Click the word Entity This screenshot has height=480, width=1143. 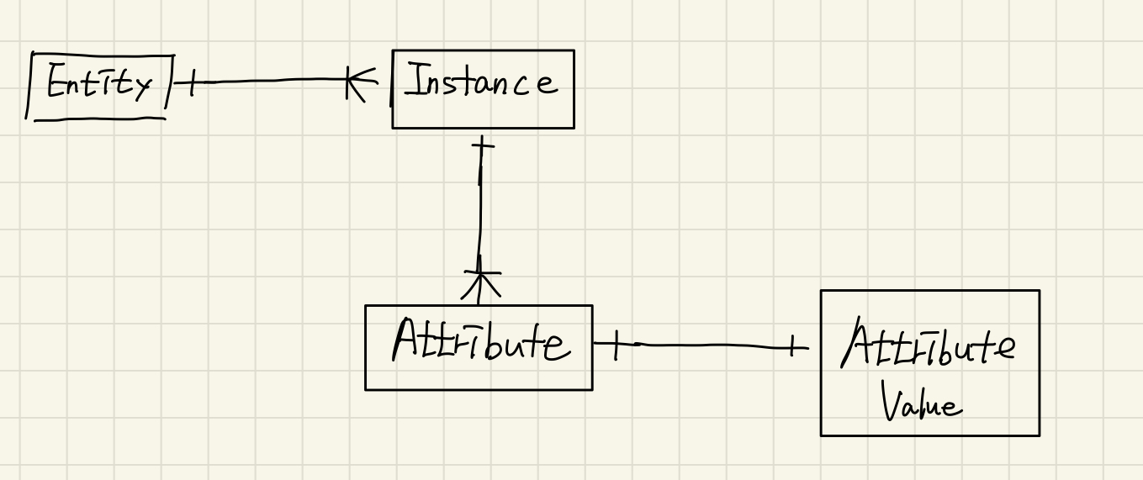(99, 84)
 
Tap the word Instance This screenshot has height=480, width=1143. (481, 83)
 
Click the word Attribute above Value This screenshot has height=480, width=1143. (929, 345)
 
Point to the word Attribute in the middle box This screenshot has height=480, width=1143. (479, 343)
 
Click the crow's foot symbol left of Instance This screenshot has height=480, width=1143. (357, 82)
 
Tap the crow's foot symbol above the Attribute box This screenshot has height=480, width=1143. (480, 283)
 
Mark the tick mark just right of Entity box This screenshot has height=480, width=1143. (190, 82)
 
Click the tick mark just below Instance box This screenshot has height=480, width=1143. (482, 148)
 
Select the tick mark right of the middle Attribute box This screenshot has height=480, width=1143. (615, 345)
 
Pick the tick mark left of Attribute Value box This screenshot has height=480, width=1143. (791, 345)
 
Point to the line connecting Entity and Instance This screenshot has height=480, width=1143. (269, 81)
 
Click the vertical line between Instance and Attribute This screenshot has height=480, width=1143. (480, 210)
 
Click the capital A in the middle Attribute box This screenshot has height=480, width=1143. (408, 340)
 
